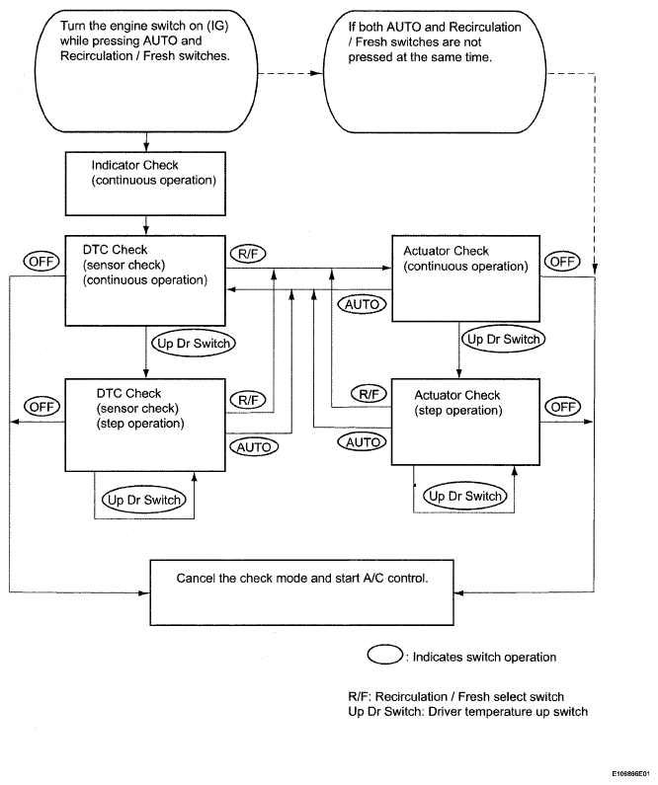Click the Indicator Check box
145,184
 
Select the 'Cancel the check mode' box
302,592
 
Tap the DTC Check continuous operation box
145,280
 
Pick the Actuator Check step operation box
465,422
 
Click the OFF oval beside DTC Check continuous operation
41,262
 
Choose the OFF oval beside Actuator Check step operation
563,407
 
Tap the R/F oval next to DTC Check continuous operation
248,255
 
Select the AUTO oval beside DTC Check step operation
254,447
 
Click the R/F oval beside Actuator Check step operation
370,394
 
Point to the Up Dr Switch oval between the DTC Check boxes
194,344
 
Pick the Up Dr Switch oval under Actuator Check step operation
465,496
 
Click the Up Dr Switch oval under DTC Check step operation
143,500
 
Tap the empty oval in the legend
385,655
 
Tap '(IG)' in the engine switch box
217,26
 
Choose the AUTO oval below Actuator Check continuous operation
362,304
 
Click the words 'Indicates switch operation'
484,657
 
